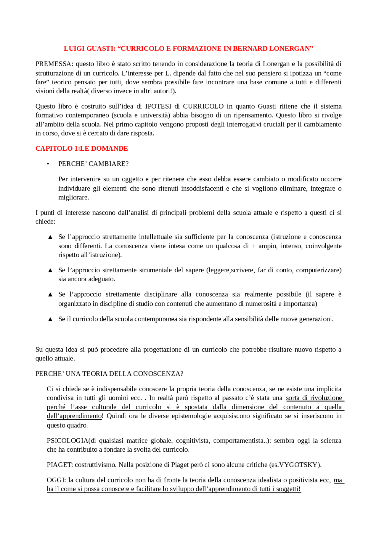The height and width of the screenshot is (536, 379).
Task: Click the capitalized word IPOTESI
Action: (x=158, y=106)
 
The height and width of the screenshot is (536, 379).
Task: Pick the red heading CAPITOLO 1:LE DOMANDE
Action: (x=82, y=149)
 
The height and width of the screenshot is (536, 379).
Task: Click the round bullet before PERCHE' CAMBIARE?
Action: (x=48, y=164)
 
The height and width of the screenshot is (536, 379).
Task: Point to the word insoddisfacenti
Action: (x=202, y=189)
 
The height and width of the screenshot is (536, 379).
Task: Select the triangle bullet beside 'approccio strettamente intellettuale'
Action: (x=50, y=237)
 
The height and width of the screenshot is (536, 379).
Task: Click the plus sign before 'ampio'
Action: (x=253, y=246)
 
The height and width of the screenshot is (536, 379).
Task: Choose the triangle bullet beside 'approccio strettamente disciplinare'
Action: (x=50, y=294)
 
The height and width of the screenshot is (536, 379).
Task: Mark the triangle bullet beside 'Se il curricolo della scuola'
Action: (x=50, y=319)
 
